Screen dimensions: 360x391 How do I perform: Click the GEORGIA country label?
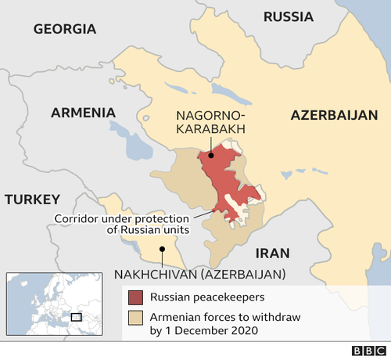pos(65,29)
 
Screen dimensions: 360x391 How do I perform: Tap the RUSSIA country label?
pos(288,16)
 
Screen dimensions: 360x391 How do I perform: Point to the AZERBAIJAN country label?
pos(334,114)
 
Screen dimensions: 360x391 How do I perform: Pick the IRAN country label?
pos(273,253)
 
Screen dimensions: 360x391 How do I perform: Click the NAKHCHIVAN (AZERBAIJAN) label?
pos(199,274)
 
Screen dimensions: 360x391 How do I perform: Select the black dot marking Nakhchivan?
pos(162,250)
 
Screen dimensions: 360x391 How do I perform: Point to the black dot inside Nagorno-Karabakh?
pos(211,156)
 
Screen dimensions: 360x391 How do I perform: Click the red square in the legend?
pos(136,297)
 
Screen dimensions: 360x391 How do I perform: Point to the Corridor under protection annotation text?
pos(122,224)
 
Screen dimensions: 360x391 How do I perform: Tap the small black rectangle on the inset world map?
pos(76,317)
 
